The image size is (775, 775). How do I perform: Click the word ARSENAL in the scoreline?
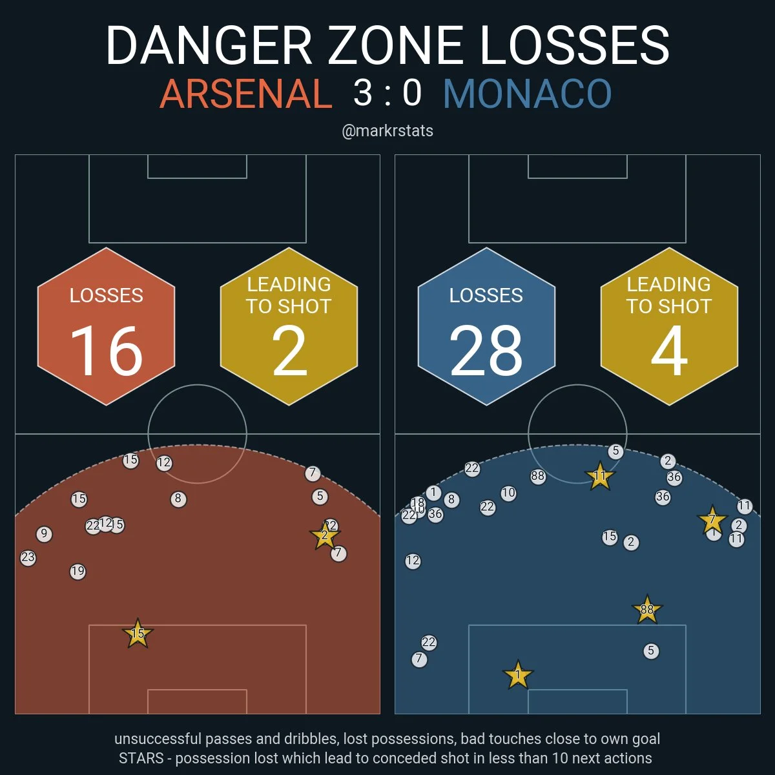tap(245, 94)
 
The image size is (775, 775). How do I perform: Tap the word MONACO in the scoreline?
tap(527, 94)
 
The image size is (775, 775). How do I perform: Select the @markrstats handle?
tap(387, 131)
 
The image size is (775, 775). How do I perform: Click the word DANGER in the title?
tap(209, 46)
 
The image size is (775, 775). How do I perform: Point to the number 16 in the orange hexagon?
tap(107, 351)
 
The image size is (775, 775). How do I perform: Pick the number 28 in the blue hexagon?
tap(486, 351)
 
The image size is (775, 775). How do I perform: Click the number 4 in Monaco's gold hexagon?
tap(669, 351)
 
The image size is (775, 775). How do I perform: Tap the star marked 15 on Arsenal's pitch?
tap(138, 634)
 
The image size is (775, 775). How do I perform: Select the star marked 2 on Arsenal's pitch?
tap(325, 535)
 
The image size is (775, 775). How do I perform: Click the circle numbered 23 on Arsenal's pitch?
tap(28, 557)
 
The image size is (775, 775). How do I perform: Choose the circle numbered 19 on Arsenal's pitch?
tap(77, 572)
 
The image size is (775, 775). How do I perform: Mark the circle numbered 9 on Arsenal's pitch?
tap(44, 534)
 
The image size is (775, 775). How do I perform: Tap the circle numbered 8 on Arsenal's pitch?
tap(178, 499)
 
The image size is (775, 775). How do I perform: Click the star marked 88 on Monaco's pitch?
tap(646, 609)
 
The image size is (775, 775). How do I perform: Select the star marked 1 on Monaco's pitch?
tap(517, 676)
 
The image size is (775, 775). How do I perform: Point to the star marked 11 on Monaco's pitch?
tap(600, 477)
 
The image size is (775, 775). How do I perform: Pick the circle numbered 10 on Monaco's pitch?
tap(508, 493)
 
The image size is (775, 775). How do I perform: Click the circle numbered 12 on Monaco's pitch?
tap(413, 561)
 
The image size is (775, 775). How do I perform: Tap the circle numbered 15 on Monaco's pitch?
tap(610, 537)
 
